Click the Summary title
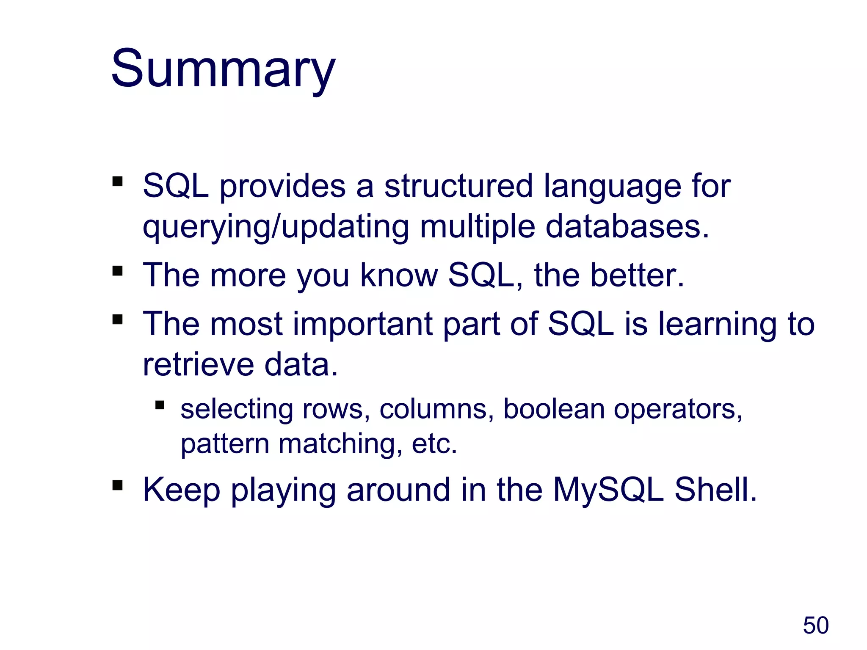point(223,69)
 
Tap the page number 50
point(815,625)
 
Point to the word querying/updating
point(276,227)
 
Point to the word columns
point(436,409)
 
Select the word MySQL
point(608,490)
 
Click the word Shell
point(715,490)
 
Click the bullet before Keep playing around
point(117,485)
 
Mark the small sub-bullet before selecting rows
point(160,405)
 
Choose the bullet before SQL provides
point(117,182)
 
